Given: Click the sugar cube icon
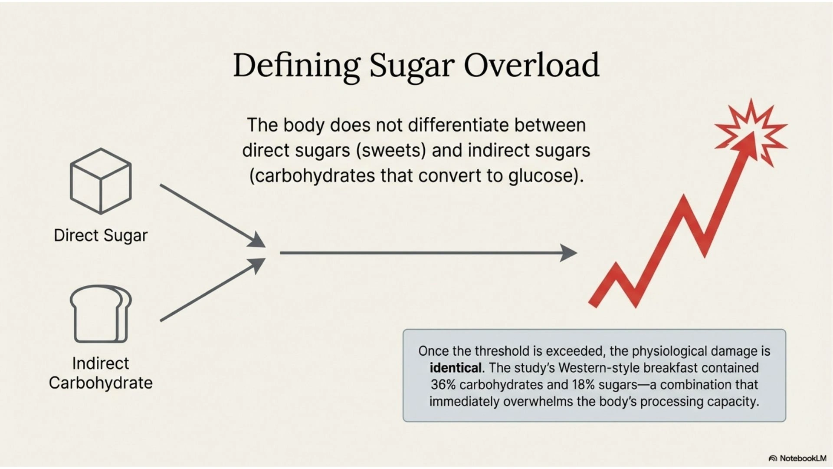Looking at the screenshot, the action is pyautogui.click(x=101, y=181).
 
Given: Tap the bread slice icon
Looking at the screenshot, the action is pyautogui.click(x=101, y=314).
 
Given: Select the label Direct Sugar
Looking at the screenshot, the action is pyautogui.click(x=101, y=235).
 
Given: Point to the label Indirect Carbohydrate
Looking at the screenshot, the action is pyautogui.click(x=101, y=373).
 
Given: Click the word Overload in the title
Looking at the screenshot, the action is pyautogui.click(x=531, y=65).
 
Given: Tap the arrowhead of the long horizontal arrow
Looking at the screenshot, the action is pyautogui.click(x=569, y=253).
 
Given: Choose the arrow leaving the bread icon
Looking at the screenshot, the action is pyautogui.click(x=213, y=290).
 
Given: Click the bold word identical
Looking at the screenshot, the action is pyautogui.click(x=456, y=368).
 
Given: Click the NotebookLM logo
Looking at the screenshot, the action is pyautogui.click(x=797, y=458).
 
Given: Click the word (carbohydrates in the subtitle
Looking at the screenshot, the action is pyautogui.click(x=312, y=176).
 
